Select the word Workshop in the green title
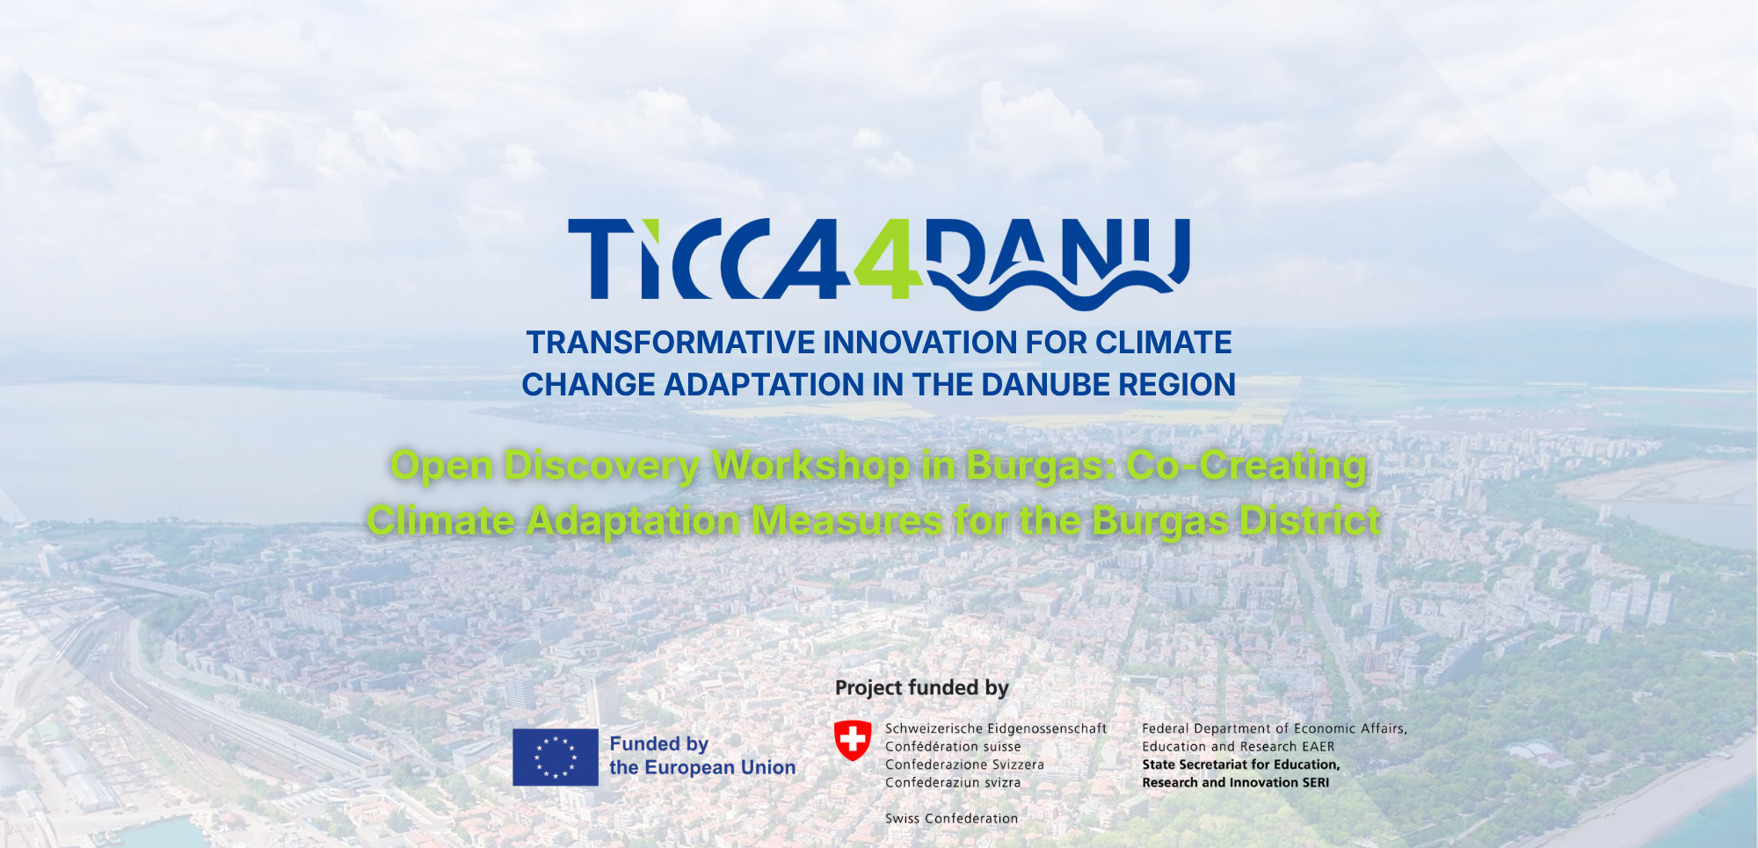tap(811, 466)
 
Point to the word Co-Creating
tap(1246, 466)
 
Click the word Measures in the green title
tap(847, 521)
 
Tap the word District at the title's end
tap(1310, 521)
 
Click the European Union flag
tap(556, 757)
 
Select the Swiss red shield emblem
tap(853, 741)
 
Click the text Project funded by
tap(922, 687)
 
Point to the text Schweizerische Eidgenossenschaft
tap(996, 728)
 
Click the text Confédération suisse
tap(953, 747)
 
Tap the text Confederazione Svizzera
tap(964, 765)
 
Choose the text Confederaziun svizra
tap(953, 783)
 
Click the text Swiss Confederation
tap(951, 819)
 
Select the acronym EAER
tap(1318, 747)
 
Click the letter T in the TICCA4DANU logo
tap(600, 259)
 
